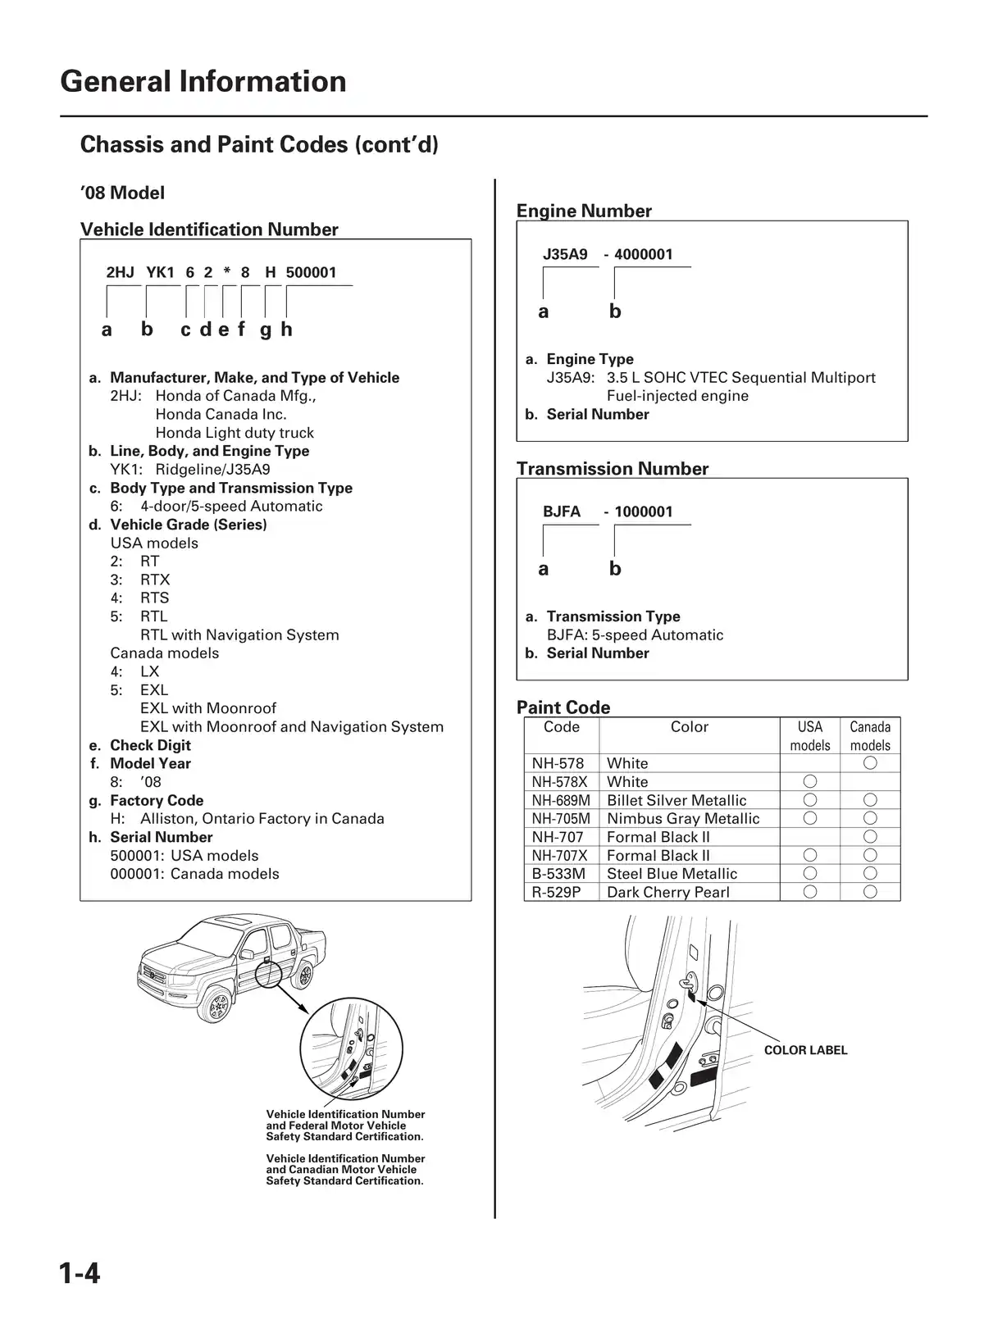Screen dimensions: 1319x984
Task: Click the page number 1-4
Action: point(80,1273)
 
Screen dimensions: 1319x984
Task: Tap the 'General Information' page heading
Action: point(203,82)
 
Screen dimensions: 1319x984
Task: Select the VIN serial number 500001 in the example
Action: point(311,272)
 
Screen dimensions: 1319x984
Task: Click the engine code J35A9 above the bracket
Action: point(565,254)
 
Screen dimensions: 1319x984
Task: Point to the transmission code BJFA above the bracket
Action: point(561,512)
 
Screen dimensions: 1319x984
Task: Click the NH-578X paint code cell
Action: point(560,782)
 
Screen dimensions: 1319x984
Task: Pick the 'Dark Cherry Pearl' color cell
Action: point(667,892)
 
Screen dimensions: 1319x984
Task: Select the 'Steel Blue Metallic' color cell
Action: point(672,874)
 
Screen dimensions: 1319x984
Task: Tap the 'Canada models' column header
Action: point(870,735)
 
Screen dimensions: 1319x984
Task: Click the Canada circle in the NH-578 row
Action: point(870,763)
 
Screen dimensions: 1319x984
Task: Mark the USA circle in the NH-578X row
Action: point(810,781)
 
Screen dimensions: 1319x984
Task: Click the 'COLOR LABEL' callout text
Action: point(805,1050)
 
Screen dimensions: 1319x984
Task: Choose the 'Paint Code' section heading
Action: point(563,707)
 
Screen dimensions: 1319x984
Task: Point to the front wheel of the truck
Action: point(216,1005)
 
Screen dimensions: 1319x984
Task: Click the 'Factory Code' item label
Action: point(157,800)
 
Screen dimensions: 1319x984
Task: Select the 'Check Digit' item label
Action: point(150,745)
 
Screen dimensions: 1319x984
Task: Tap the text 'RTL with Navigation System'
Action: point(239,634)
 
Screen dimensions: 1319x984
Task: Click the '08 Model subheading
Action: point(122,193)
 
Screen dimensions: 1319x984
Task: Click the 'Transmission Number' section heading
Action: point(613,469)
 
